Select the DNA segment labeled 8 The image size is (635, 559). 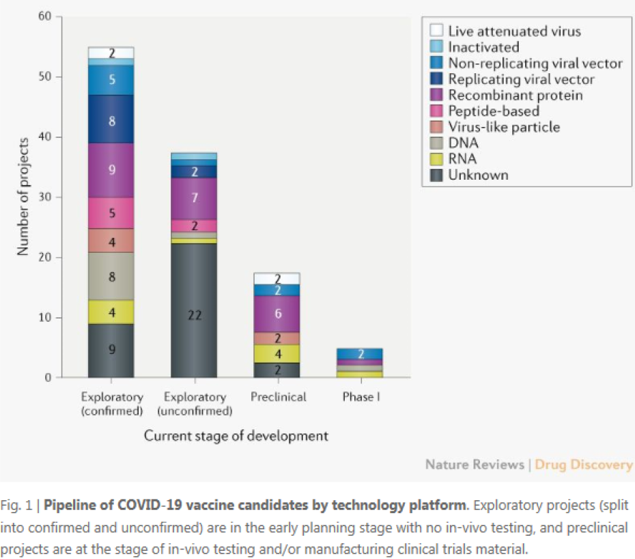tap(111, 276)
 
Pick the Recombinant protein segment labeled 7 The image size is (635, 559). tap(194, 198)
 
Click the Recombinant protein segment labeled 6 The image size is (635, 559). tap(277, 314)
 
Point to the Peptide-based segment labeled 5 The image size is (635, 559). tap(111, 213)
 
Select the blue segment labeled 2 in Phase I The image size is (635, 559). tap(360, 353)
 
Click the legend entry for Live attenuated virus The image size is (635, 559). tap(514, 31)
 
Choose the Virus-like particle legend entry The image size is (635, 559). tap(503, 127)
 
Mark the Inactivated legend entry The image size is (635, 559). tap(483, 47)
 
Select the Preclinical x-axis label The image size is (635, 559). tap(277, 396)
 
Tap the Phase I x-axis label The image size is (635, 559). tap(360, 396)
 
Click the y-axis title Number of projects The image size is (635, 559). tap(23, 197)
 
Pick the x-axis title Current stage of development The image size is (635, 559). tap(236, 436)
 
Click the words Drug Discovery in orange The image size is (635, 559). tap(583, 465)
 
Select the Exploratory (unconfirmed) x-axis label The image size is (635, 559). tap(195, 404)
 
